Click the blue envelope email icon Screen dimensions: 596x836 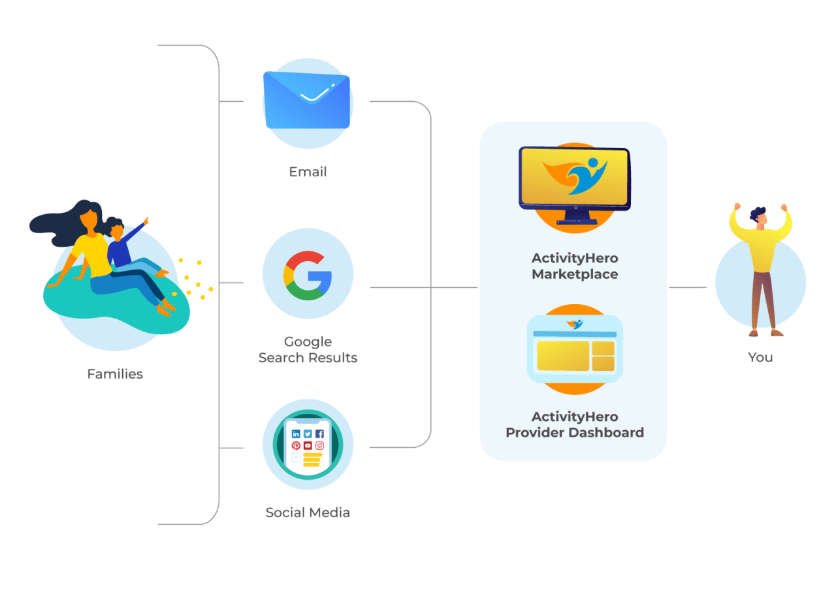(307, 100)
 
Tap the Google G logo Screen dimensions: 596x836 (308, 275)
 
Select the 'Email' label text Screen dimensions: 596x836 (308, 172)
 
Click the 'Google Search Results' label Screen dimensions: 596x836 (308, 349)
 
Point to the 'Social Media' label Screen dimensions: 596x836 (308, 512)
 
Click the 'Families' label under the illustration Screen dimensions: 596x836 (115, 374)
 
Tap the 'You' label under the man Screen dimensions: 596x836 (760, 357)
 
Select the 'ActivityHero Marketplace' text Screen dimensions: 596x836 (575, 266)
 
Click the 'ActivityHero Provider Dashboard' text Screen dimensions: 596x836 (575, 424)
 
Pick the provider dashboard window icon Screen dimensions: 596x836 (575, 349)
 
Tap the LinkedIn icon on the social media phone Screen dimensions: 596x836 (296, 433)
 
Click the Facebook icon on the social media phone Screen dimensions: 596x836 (319, 433)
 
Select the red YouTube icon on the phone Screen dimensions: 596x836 (308, 445)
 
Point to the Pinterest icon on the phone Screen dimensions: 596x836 (296, 445)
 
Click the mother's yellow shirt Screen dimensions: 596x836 (91, 255)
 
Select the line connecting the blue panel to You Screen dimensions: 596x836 (687, 287)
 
